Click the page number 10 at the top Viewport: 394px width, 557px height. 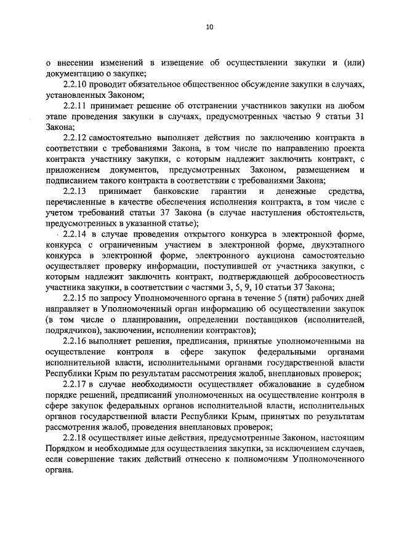point(209,27)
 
